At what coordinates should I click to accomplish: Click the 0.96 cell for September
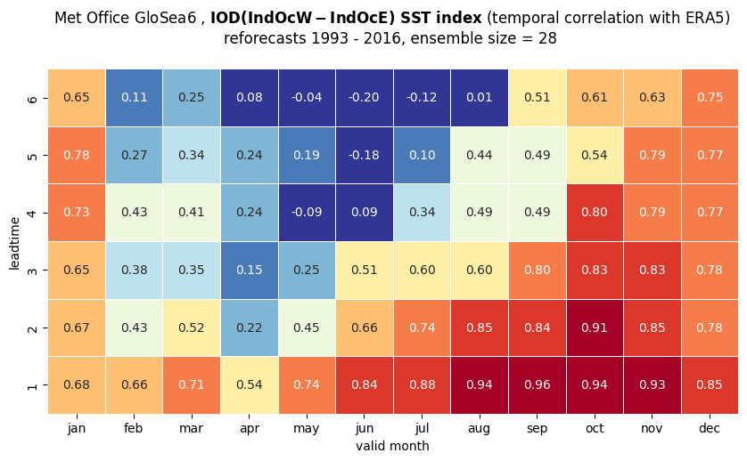click(537, 384)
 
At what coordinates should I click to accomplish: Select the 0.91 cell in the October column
click(595, 328)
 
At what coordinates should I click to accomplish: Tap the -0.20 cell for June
click(365, 98)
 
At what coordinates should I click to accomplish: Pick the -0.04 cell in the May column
click(307, 98)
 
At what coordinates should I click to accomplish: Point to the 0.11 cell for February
click(134, 98)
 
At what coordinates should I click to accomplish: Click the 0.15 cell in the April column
click(250, 271)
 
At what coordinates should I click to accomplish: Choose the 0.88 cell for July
click(423, 384)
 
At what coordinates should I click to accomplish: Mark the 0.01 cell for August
click(480, 98)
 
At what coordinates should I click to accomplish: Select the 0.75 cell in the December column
click(710, 98)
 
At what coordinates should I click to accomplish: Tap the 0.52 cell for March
click(192, 328)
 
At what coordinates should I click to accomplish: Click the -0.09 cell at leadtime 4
click(307, 213)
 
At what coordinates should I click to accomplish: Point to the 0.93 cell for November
click(653, 384)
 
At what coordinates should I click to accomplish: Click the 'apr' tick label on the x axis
click(250, 429)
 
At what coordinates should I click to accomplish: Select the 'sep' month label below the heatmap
click(537, 429)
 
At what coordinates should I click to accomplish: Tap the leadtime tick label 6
click(32, 98)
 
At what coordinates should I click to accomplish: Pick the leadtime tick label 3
click(32, 271)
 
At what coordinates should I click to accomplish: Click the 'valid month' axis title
click(392, 446)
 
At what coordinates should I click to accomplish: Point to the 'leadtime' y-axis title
click(14, 244)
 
